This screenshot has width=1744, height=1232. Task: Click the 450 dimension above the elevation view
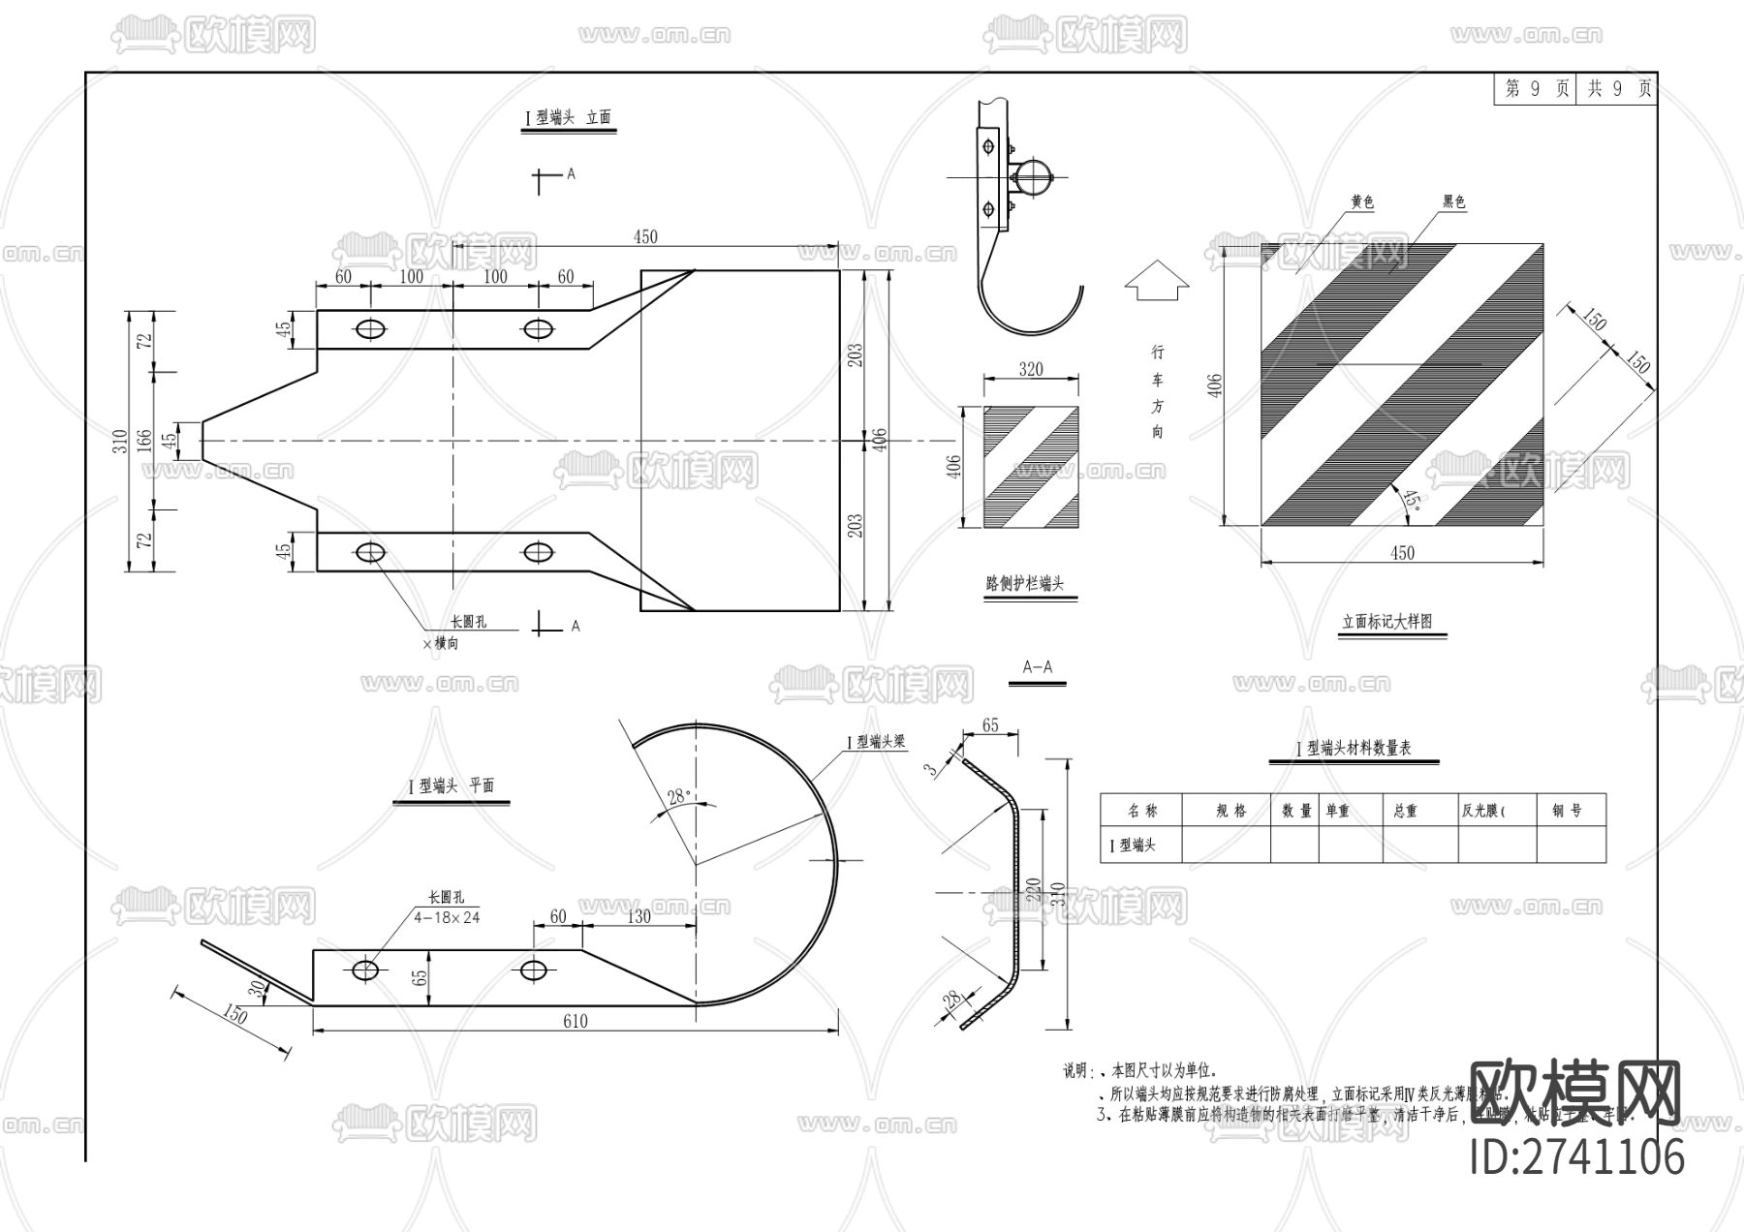pos(644,237)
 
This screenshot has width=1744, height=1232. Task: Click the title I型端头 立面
pos(568,117)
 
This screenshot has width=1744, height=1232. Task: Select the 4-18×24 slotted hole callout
pos(447,916)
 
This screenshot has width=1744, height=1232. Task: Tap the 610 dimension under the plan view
pos(575,1021)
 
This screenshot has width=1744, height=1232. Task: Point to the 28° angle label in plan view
pos(678,796)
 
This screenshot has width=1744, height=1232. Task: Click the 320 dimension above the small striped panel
pos(1031,369)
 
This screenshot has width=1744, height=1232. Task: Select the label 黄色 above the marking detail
pos(1362,202)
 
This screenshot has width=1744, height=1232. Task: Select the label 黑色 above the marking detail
pos(1453,202)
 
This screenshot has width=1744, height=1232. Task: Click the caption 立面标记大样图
pos(1386,622)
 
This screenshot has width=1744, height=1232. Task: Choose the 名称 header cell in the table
pos(1142,811)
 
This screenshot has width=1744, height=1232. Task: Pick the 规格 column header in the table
pos(1230,811)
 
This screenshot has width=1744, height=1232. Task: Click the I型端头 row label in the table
pos(1133,846)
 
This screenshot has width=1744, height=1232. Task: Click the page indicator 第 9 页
pos(1537,89)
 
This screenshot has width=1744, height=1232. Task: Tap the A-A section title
pos(1037,667)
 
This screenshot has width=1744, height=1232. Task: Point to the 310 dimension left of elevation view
pos(120,442)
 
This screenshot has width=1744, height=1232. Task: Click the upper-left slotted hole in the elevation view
pos(369,329)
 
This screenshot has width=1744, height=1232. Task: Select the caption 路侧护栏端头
pos(1024,584)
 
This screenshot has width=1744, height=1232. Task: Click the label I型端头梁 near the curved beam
pos(878,742)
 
